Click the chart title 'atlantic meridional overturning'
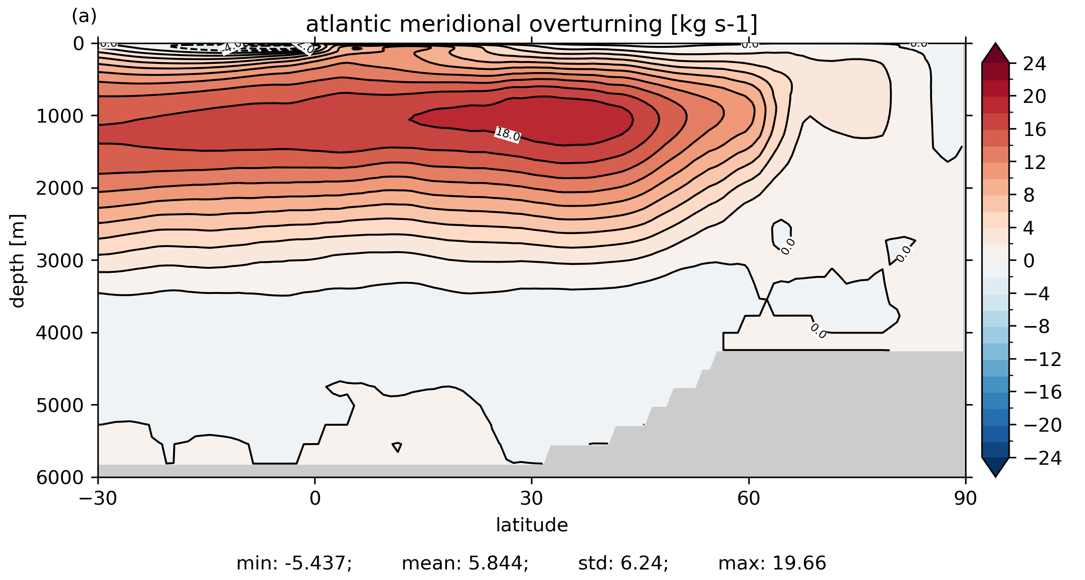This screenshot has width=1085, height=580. (531, 24)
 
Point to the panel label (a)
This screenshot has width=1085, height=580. (84, 17)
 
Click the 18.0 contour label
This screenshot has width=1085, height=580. (507, 135)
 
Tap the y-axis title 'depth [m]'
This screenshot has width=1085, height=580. (17, 260)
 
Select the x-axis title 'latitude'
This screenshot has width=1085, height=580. (531, 525)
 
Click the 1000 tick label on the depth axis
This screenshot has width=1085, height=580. (60, 116)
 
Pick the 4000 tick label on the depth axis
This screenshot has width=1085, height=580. (60, 333)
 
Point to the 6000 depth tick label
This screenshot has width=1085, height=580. (60, 478)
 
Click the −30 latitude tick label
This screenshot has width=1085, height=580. (97, 499)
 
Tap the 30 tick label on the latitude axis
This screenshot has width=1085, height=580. (531, 499)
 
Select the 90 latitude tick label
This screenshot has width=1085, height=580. (965, 499)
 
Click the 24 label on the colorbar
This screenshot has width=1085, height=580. (1034, 64)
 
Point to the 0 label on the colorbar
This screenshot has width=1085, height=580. (1029, 261)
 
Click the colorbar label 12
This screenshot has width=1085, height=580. (1034, 163)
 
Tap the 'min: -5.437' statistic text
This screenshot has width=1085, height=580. (294, 563)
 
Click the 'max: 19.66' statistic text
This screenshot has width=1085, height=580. (772, 563)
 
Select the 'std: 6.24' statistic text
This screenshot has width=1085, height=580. (623, 563)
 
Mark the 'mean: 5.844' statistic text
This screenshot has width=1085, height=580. (465, 563)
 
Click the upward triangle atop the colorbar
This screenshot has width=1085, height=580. (995, 54)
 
